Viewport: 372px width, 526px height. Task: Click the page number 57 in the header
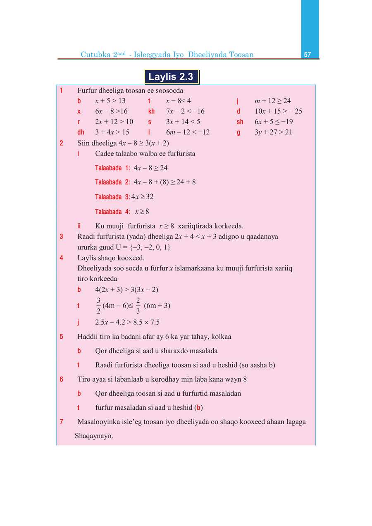coord(307,55)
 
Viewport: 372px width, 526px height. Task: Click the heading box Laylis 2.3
coord(171,77)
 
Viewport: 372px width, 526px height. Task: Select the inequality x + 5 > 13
coord(110,101)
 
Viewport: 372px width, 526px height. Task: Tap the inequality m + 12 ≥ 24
coord(272,101)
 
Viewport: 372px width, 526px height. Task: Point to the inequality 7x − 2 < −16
coord(185,111)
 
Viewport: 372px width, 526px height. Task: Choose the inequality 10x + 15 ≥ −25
coord(278,111)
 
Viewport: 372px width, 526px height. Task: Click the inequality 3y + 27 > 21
coord(273,132)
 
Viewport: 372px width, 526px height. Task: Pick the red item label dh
coord(81,132)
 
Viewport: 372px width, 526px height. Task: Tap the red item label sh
coord(240,122)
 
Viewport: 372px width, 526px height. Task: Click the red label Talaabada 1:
coord(112,168)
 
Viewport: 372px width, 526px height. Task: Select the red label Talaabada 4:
coord(112,212)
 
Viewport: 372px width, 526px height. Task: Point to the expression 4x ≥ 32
coord(142,197)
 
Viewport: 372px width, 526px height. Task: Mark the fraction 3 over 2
coord(98,305)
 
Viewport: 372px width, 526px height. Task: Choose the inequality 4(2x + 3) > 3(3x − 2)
coord(126,289)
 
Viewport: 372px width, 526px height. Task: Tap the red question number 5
coord(61,337)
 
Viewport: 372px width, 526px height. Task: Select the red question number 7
coord(61,422)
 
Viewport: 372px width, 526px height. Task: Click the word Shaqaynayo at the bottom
coord(94,436)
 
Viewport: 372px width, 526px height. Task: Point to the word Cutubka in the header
coord(95,55)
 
